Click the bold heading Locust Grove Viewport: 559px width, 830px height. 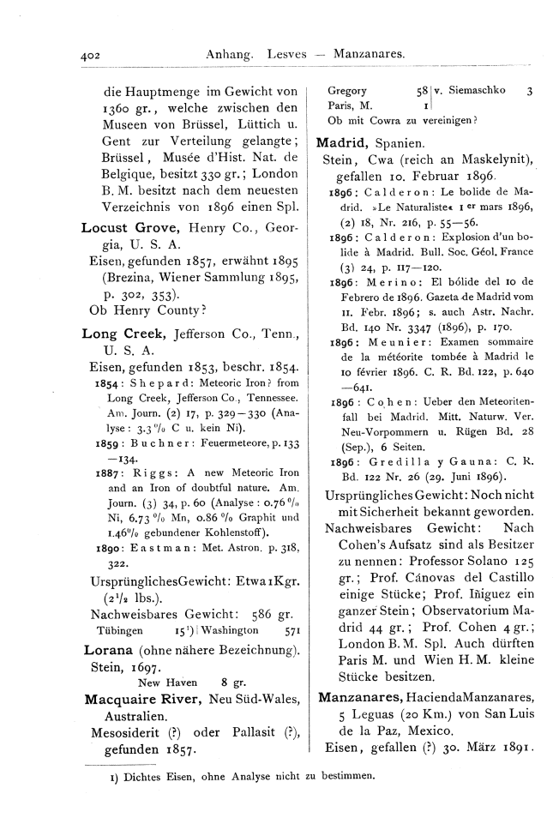[x=129, y=228]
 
